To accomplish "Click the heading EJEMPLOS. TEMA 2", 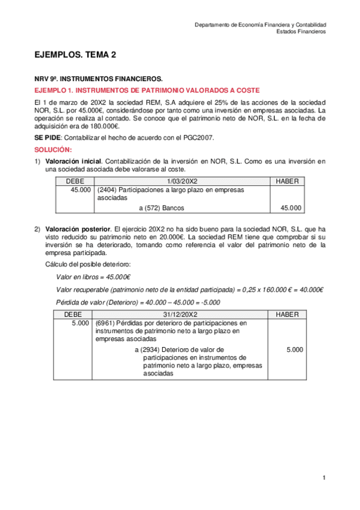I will [x=75, y=55].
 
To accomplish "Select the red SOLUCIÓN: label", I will [x=53, y=149].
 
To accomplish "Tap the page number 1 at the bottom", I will [x=324, y=478].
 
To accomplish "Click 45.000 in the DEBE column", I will [x=81, y=190].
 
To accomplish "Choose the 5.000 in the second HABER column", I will [x=294, y=349].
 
